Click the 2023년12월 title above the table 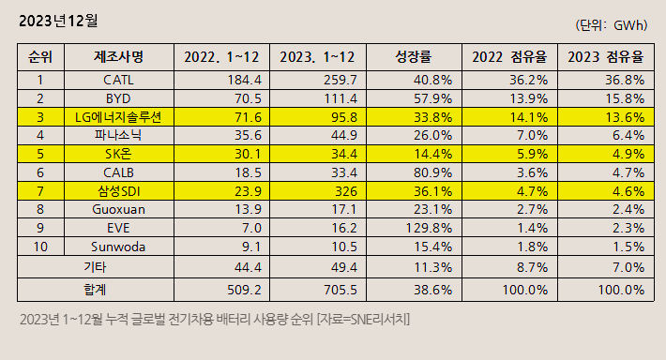tap(58, 19)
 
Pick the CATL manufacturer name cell tap(118, 80)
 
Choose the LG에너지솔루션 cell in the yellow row tap(118, 117)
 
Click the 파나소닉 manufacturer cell tap(118, 136)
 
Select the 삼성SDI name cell tap(118, 192)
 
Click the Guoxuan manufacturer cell tap(118, 211)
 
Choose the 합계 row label tap(95, 290)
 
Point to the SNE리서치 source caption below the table tap(215, 321)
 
